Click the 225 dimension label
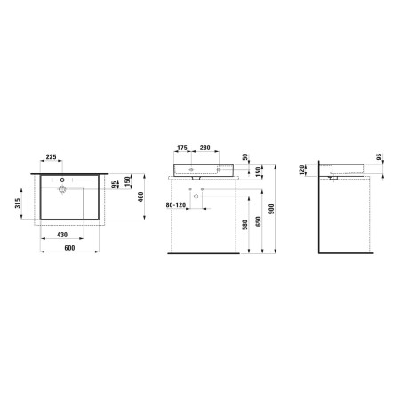tap(51, 156)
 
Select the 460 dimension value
tap(140, 197)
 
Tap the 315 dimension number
tap(18, 204)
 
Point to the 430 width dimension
tap(62, 235)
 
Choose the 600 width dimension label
tap(69, 248)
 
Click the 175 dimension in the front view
tap(182, 148)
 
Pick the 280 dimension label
tap(204, 148)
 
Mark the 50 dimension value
tap(245, 157)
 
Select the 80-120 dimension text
tap(176, 204)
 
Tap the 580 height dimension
tap(244, 225)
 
